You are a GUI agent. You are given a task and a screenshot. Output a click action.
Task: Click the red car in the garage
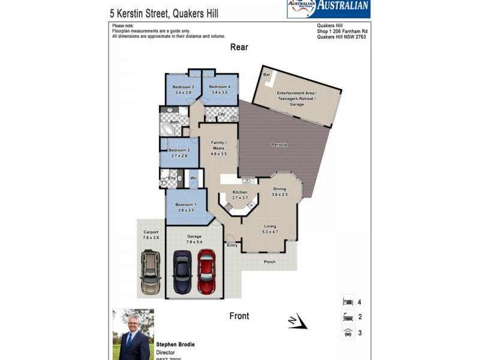point(206,271)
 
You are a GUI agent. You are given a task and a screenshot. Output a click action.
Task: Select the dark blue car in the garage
point(182,271)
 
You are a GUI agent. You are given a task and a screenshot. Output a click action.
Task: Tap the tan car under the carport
point(151,272)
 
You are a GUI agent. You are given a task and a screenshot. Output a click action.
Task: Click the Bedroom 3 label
point(184,90)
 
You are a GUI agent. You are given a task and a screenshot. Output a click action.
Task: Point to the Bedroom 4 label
point(219,90)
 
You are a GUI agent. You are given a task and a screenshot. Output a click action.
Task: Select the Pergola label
point(279,145)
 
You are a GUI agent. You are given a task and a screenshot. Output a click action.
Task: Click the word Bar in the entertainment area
point(266,74)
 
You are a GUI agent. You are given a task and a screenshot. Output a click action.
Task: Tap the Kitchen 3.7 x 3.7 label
point(240,195)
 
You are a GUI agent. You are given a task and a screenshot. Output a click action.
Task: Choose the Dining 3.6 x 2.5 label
point(280,191)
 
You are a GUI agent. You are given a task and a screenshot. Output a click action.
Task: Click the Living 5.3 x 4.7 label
point(270,229)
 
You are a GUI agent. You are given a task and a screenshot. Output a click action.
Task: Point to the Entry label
point(232,245)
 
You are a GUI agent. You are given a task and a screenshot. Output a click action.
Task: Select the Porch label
point(270,262)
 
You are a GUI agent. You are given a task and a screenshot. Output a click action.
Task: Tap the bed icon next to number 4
point(347,302)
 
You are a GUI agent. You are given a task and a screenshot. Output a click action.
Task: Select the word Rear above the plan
point(239,47)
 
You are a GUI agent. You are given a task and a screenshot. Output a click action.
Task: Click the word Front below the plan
point(239,316)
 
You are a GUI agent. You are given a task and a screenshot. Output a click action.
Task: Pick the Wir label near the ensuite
point(193,178)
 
